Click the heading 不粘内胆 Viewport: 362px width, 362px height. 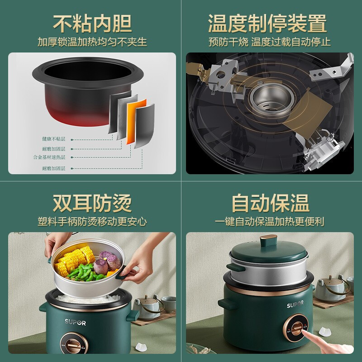pos(91,23)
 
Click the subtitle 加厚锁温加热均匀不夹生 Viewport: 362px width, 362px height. pos(92,43)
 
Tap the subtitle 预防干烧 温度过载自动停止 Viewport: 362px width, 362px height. pos(270,43)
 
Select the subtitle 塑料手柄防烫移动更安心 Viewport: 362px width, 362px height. pos(92,222)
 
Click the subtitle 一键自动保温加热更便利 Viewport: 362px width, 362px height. pos(270,222)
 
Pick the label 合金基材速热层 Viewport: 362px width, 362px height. pos(50,157)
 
